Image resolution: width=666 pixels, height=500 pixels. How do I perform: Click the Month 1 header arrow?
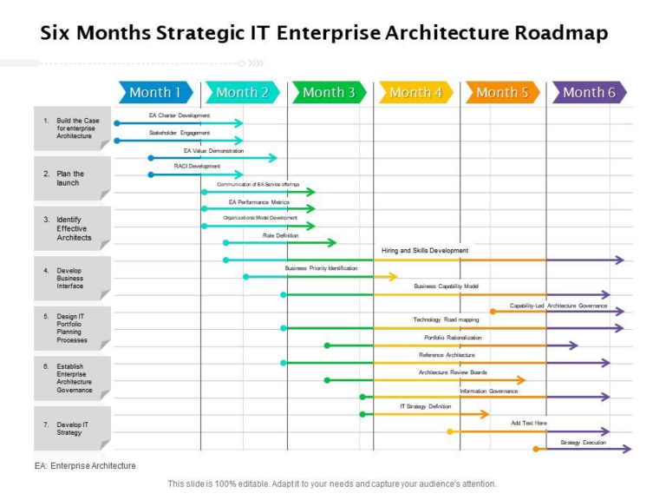point(155,92)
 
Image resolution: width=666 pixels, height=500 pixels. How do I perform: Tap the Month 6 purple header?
point(589,92)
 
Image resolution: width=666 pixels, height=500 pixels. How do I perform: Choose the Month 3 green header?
point(329,92)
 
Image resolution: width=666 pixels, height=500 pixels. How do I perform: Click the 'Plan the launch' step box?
point(72,178)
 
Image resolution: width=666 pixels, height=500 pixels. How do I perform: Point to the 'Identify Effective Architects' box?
point(73,228)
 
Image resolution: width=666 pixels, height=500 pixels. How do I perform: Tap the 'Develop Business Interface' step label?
point(72,278)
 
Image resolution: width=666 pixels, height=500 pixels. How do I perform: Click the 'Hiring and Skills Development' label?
point(425,251)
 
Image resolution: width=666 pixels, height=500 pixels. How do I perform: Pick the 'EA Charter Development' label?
point(179,115)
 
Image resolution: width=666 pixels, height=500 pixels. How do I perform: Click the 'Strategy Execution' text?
point(584,443)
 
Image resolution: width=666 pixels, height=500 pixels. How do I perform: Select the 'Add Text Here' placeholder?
point(529,424)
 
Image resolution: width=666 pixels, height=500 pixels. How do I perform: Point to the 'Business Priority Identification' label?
point(321,268)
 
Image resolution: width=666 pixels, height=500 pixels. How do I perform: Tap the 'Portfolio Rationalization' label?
point(453,338)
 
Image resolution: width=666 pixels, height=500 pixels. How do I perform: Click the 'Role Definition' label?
point(280,235)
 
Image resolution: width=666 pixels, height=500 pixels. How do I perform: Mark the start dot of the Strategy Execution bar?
point(536,449)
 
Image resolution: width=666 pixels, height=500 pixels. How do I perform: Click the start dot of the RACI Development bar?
point(150,174)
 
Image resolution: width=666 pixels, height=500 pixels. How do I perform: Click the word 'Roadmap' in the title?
point(561,34)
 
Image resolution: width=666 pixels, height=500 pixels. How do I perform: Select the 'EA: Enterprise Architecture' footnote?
point(85,466)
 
